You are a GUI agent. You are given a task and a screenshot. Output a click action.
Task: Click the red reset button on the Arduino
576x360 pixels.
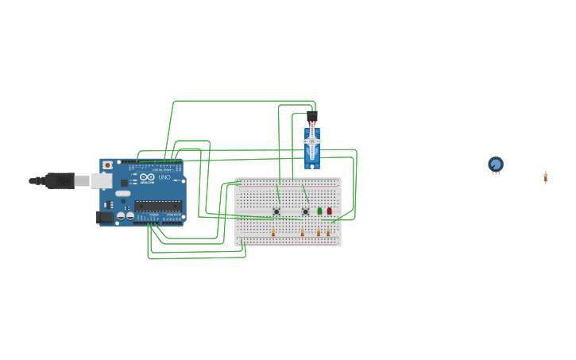(108, 165)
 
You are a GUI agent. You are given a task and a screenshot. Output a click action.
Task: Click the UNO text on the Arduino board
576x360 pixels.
(164, 177)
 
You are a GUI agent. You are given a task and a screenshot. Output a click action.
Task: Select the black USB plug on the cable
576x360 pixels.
(59, 180)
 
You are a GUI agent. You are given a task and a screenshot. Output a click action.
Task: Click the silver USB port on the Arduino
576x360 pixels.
(101, 181)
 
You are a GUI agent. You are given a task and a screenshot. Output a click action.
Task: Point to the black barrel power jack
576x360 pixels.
(104, 217)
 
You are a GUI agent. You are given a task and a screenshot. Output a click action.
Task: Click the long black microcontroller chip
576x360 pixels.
(157, 206)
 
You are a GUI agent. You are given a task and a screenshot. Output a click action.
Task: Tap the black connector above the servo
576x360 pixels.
(312, 117)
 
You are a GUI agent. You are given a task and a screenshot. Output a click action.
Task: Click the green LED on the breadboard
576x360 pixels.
(319, 211)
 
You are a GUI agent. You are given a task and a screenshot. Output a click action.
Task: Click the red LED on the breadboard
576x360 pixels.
(329, 211)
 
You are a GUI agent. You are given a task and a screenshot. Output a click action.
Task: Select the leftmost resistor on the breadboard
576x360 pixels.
(273, 232)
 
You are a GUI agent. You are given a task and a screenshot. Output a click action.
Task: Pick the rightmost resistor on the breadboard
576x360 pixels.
(328, 232)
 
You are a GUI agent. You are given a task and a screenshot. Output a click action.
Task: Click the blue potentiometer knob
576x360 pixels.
(496, 165)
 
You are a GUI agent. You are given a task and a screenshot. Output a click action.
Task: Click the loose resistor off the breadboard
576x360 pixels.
(546, 177)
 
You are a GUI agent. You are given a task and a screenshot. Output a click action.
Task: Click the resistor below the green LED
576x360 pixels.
(319, 232)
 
